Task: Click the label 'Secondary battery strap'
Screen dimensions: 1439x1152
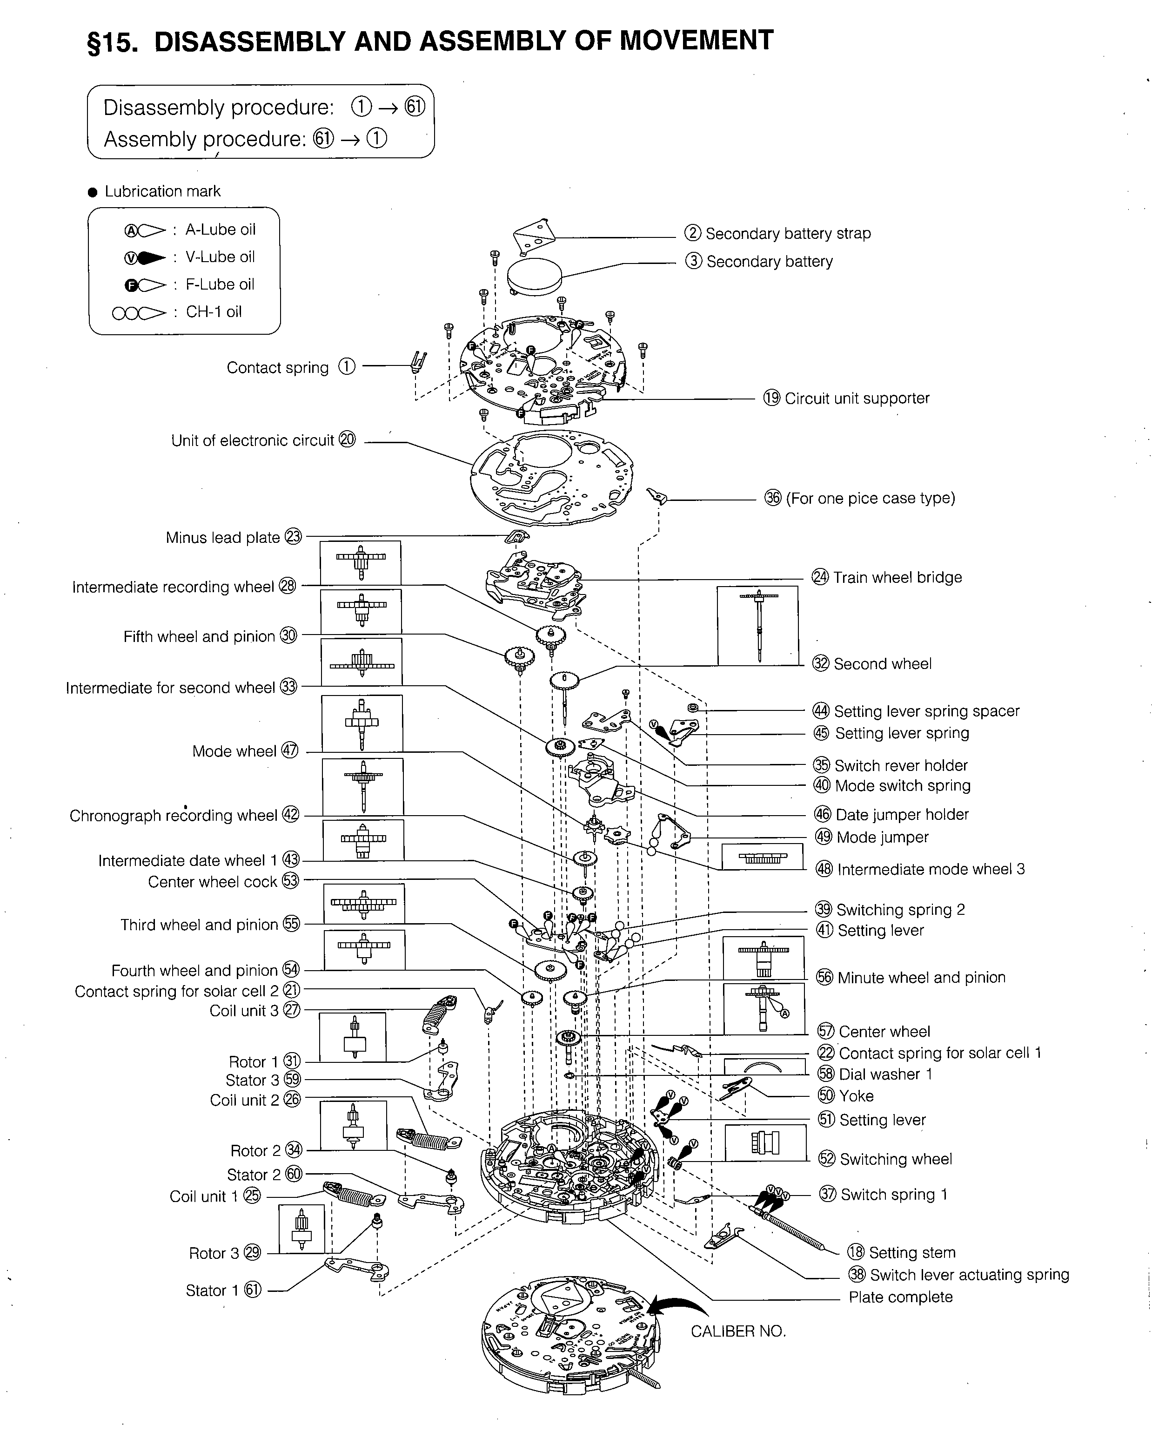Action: [x=788, y=234]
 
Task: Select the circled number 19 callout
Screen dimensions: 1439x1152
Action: [x=772, y=399]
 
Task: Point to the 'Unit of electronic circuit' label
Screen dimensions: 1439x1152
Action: [x=252, y=440]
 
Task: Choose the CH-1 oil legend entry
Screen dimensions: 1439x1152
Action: [x=213, y=312]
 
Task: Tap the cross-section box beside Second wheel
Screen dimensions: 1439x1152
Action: [x=757, y=625]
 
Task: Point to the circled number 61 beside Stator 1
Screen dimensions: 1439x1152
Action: [x=253, y=1290]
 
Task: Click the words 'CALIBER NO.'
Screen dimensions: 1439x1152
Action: [x=738, y=1331]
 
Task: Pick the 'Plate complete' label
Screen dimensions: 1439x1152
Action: [x=900, y=1297]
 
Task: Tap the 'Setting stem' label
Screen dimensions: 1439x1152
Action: [x=912, y=1253]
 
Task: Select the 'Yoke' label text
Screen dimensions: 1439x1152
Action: [x=857, y=1096]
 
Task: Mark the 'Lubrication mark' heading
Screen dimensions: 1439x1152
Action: [x=162, y=191]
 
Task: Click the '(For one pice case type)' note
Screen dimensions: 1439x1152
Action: [x=871, y=499]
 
